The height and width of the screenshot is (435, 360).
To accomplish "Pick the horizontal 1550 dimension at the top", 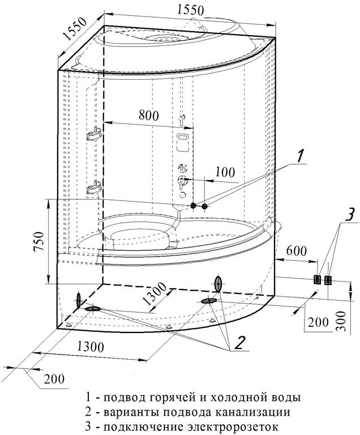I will (191, 10).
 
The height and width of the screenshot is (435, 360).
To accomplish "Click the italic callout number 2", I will (239, 342).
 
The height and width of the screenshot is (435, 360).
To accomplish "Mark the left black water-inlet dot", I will (193, 206).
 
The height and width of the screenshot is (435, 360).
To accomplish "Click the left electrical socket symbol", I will (318, 279).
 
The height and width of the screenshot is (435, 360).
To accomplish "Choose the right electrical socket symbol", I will (328, 279).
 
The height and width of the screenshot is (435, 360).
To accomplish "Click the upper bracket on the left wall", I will (95, 135).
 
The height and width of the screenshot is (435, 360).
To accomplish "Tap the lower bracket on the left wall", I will (95, 186).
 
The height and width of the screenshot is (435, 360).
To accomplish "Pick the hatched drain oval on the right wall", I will (218, 283).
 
